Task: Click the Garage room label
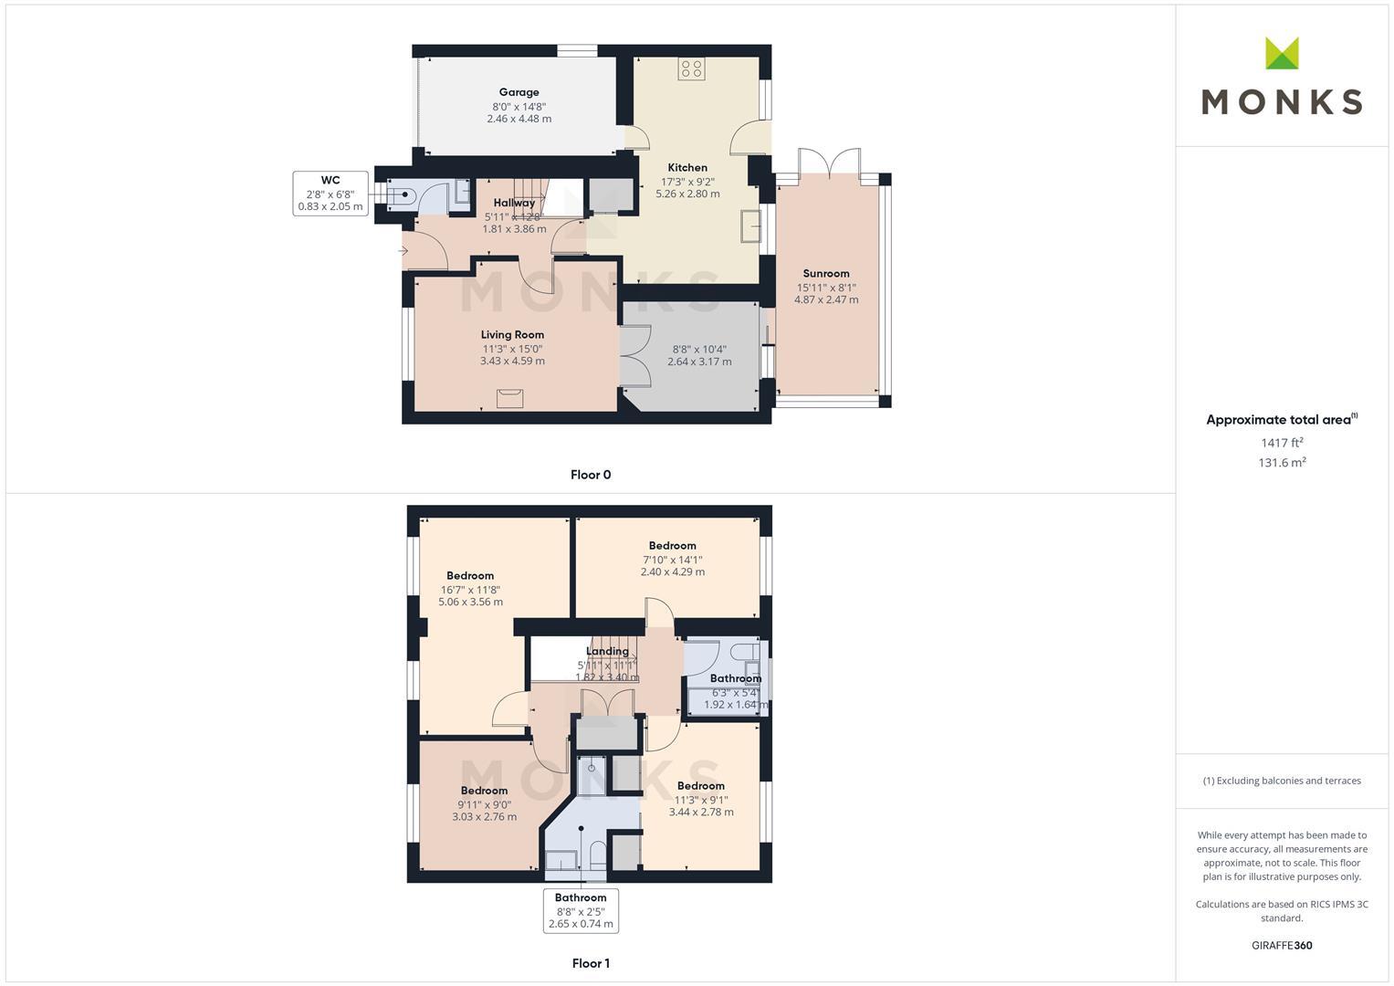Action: pos(519,92)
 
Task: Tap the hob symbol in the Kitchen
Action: pos(691,68)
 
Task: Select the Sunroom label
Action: pos(826,273)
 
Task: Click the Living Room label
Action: pos(512,335)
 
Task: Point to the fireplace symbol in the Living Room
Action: pos(509,397)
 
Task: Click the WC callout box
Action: pos(330,194)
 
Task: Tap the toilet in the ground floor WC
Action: pos(404,194)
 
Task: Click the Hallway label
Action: pos(514,203)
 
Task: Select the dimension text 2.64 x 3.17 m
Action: pos(699,362)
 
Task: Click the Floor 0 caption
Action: pos(591,475)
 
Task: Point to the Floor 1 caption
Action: pos(591,963)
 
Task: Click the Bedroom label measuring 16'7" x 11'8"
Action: pos(470,576)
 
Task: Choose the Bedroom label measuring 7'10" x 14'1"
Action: pos(673,546)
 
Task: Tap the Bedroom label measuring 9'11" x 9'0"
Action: pos(484,791)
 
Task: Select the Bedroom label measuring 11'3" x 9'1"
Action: pos(701,786)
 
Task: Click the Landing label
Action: pos(607,651)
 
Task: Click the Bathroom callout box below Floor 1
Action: pos(581,910)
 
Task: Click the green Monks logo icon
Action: pos(1282,53)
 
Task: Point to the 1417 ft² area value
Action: pos(1282,443)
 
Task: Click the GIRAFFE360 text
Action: pos(1282,946)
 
